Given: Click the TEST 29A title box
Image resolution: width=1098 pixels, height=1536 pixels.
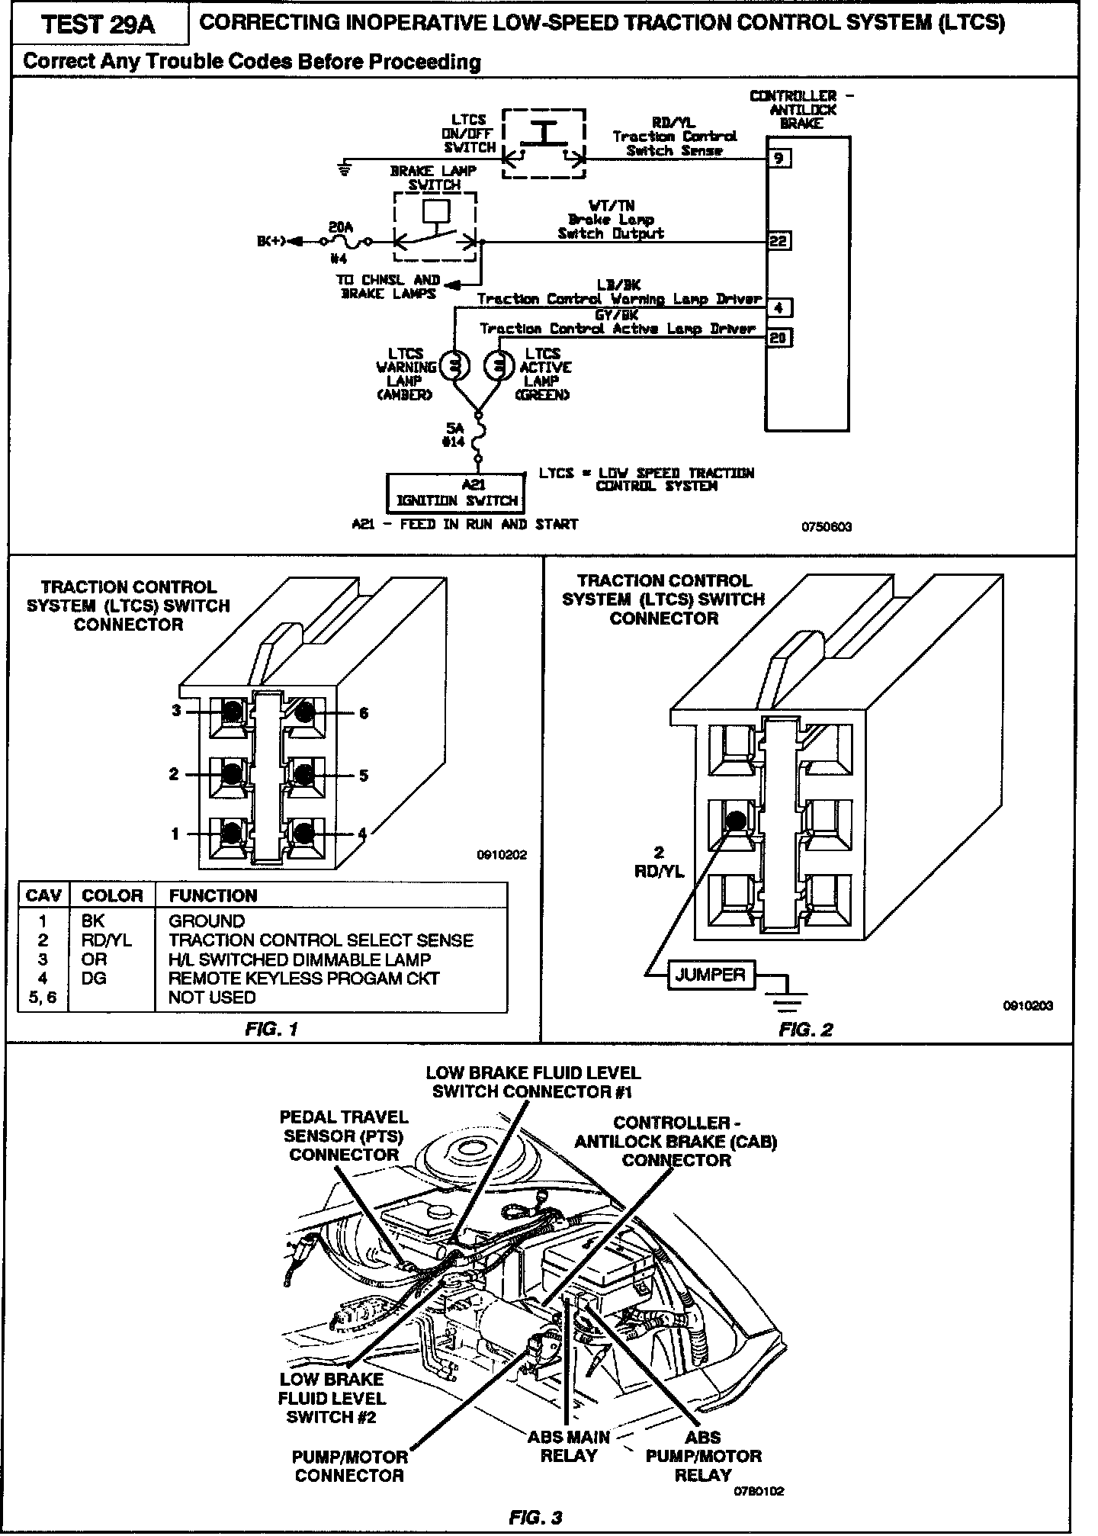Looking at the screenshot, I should pos(98,24).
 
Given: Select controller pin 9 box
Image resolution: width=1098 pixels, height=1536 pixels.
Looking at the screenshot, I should pos(779,159).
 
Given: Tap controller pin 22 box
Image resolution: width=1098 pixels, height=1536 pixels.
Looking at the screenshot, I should pos(779,241).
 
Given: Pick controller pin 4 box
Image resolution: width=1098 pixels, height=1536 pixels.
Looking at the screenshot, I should pos(779,308).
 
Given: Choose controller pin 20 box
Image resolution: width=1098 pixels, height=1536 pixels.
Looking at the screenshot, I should pos(779,336).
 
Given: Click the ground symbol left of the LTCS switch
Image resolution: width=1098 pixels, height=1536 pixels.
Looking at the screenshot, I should pos(346,168).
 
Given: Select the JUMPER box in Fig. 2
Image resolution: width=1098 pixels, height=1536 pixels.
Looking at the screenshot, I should pos(710,975).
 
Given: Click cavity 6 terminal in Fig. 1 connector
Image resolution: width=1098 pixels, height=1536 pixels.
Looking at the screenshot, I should pos(304,712).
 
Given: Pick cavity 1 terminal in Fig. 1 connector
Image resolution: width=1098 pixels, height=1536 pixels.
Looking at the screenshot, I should pos(232,834).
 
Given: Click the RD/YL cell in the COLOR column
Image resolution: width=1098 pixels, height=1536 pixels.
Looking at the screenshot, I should pos(106,940).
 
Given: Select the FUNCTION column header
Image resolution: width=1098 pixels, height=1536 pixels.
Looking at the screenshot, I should pos(213,895).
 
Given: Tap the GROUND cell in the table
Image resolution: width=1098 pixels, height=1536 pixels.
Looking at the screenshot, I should pos(207,921).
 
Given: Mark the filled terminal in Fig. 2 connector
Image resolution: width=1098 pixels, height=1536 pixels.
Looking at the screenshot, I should pos(735,821).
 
